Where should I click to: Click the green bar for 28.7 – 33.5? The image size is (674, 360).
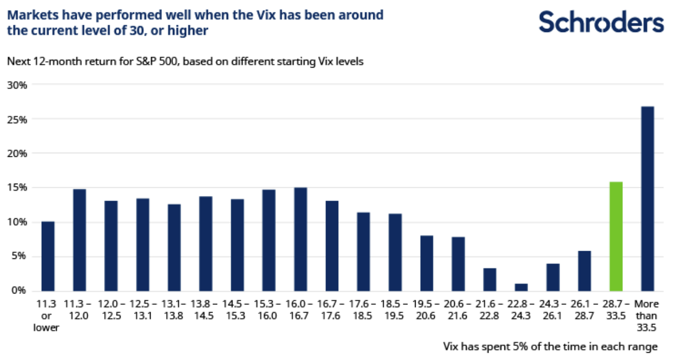click(615, 236)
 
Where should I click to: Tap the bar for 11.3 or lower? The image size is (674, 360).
click(48, 256)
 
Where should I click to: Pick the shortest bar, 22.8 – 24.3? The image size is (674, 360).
click(521, 287)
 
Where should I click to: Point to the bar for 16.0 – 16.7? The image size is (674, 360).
click(300, 239)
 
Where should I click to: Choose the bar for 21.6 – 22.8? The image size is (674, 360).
click(489, 280)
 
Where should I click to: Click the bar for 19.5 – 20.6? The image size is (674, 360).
click(426, 263)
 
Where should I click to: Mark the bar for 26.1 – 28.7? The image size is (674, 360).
click(584, 271)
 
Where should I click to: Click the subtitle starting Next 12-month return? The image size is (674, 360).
click(186, 62)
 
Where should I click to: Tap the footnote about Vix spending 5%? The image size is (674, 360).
click(550, 346)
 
